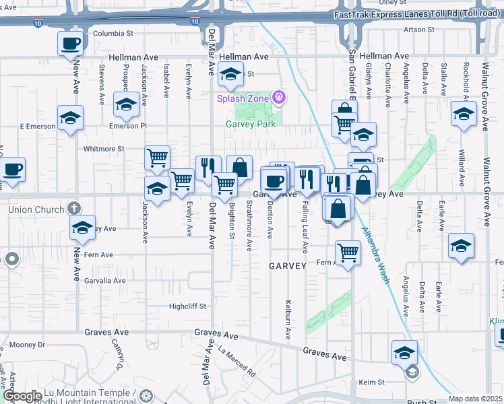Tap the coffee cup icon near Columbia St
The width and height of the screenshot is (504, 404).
point(71,44)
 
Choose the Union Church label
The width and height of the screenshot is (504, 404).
point(36,209)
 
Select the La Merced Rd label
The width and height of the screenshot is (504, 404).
point(237,361)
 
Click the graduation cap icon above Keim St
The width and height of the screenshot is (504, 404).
point(404,353)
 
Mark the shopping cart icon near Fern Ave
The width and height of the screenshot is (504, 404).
point(348,253)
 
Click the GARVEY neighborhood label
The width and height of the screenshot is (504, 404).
point(288,266)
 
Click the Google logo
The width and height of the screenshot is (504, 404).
point(22,396)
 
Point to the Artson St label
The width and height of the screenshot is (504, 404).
point(419,30)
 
